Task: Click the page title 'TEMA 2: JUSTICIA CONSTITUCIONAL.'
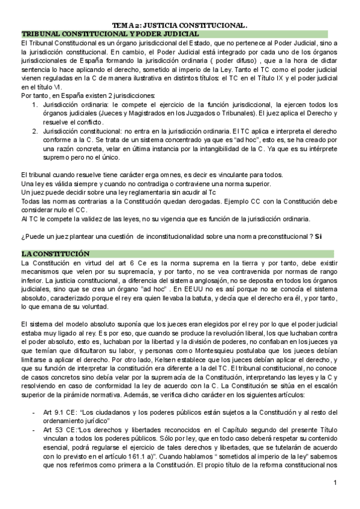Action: click(180, 26)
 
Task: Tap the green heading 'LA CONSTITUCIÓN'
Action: click(55, 254)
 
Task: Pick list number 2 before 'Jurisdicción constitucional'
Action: click(35, 130)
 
